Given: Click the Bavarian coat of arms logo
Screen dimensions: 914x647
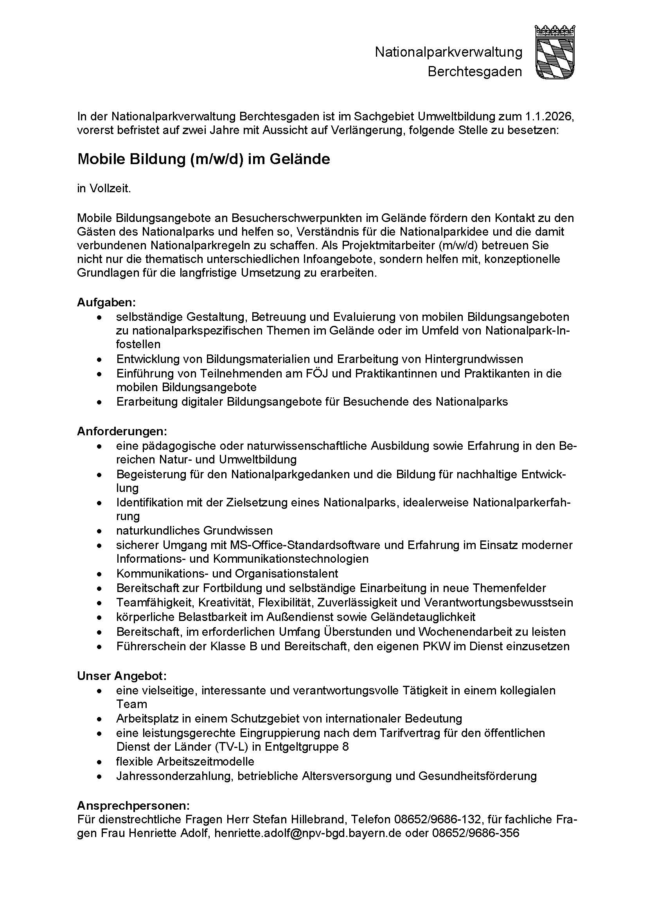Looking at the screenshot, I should pos(555,52).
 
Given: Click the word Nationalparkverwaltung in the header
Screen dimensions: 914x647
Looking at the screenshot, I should pos(448,52).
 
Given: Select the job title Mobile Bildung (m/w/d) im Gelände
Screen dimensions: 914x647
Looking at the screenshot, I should pos(203,159).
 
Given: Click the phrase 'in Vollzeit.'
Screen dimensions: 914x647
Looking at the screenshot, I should pos(104,189).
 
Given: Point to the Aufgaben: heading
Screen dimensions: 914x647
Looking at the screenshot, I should pos(106,302).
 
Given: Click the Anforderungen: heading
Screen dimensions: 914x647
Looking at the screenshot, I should pos(122,431).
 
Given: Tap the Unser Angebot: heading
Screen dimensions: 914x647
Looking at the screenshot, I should pos(122,676).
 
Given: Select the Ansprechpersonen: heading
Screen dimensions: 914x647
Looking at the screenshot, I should pos(133,806).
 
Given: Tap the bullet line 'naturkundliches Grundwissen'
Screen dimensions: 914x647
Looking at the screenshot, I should pos(194,531).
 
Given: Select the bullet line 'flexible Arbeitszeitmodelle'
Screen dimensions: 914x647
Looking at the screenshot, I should pos(185,762).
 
